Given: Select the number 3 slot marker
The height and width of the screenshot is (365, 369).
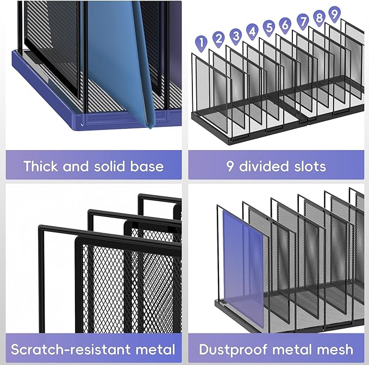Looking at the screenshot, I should point(235,35).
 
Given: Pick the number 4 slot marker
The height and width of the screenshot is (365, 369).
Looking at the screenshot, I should point(252,31).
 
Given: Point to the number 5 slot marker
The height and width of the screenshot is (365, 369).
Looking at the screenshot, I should point(268,27).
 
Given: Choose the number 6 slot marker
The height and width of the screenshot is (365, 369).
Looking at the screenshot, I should point(285,24).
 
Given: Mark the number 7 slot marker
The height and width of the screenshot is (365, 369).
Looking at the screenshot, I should point(303,21).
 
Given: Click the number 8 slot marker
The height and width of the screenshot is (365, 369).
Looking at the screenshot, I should point(320,17).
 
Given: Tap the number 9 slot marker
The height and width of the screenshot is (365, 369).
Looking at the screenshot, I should point(334,13).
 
